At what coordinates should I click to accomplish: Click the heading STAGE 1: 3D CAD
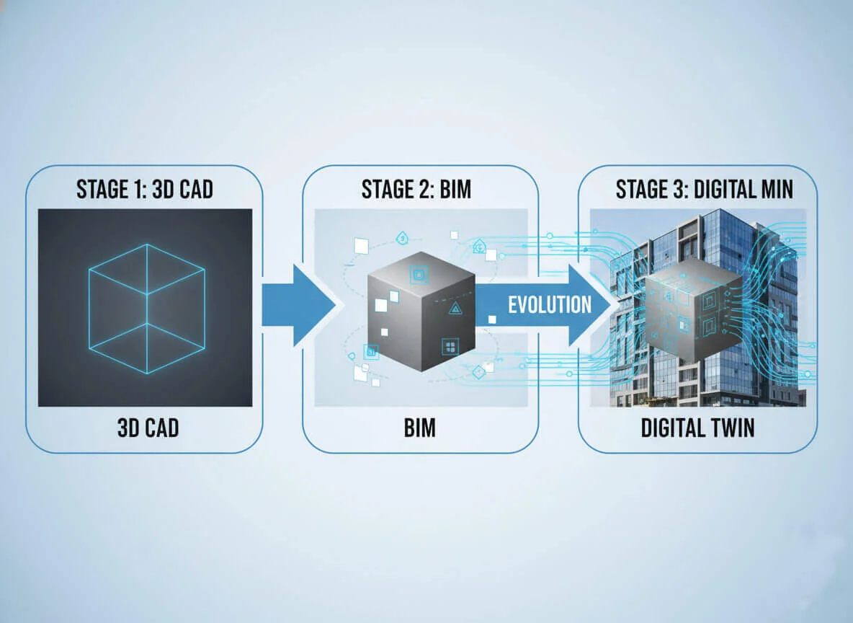144,190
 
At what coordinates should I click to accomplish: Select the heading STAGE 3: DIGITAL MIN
704,190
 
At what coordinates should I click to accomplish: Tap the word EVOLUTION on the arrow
550,304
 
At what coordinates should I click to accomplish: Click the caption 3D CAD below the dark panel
148,428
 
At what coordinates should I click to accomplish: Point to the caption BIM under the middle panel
419,428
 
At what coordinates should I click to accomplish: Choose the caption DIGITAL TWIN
697,428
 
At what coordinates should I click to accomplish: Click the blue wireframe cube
146,308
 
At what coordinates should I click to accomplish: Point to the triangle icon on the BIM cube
455,309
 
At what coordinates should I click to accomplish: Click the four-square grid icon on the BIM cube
451,347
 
